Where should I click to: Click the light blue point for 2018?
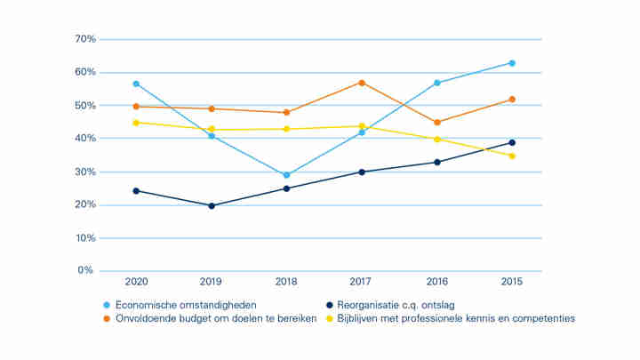point(286,175)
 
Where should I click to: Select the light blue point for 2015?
point(512,63)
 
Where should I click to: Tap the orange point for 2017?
point(362,83)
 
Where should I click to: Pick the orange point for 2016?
point(436,123)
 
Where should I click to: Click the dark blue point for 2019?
point(212,205)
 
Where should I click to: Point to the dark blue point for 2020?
point(136,190)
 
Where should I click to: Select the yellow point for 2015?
point(512,156)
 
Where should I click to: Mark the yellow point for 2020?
point(136,123)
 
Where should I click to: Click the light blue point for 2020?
point(136,84)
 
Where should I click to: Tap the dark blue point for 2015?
point(512,142)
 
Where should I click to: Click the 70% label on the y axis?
point(84,39)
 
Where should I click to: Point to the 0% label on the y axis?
point(86,270)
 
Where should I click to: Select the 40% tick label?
point(84,139)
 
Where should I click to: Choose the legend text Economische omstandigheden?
point(186,305)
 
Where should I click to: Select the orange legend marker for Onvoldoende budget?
point(107,318)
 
